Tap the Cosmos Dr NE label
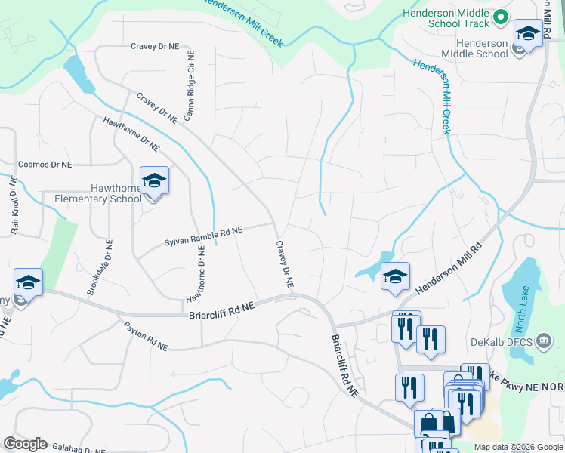point(45,164)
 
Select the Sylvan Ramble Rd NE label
point(203,236)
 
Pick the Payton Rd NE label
point(145,336)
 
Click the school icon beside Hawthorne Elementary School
point(154,181)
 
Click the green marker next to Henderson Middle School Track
point(499,17)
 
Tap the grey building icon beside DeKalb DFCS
point(542,341)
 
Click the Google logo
point(25,444)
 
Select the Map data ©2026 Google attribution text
point(517,447)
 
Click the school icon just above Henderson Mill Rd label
point(394,276)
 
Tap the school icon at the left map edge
point(28,283)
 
